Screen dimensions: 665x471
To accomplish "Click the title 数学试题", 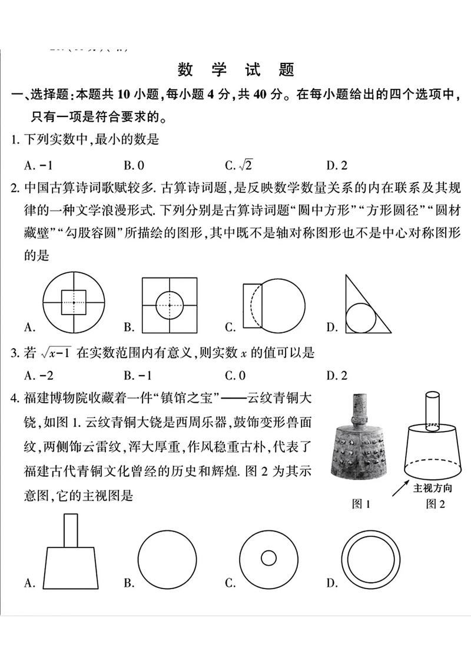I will (x=235, y=70).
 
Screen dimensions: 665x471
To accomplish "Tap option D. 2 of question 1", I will (x=337, y=166).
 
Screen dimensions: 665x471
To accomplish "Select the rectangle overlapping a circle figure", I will (x=274, y=305).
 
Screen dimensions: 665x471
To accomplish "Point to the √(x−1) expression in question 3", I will (x=56, y=353).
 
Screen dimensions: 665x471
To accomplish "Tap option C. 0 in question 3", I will (x=235, y=376).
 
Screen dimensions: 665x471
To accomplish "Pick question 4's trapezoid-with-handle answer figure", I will (x=71, y=553).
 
